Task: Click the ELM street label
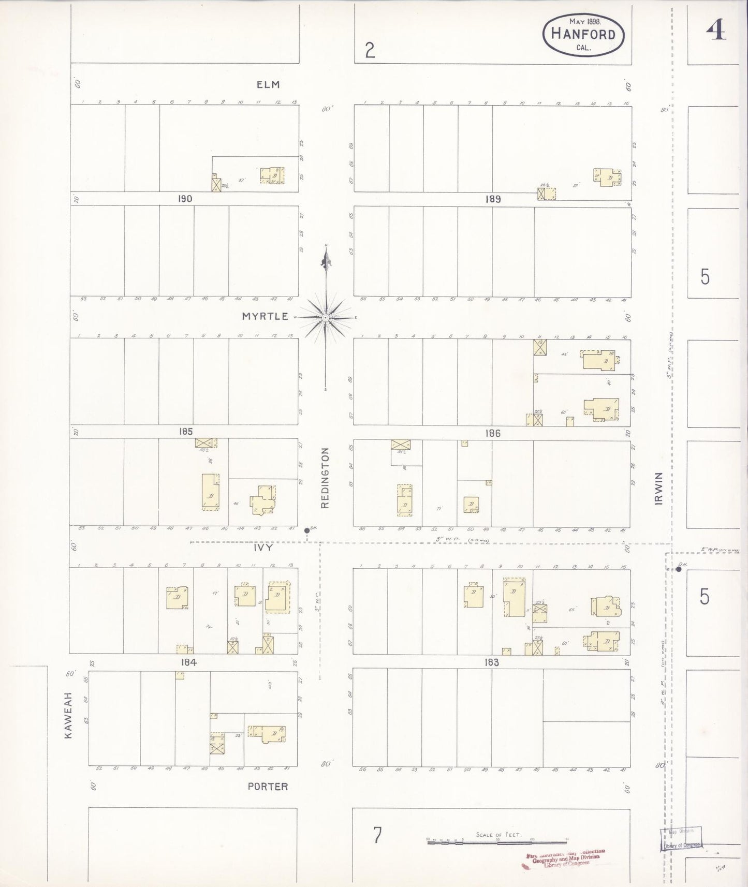268,84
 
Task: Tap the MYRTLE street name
265,316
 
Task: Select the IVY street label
263,546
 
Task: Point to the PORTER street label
268,786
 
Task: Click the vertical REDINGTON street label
325,478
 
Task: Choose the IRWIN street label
658,488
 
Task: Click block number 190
185,199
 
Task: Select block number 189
493,199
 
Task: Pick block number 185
185,431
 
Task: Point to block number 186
493,433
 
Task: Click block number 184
188,662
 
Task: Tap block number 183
491,662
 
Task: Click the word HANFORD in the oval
583,35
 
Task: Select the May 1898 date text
584,22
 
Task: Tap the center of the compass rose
325,317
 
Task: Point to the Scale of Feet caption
498,835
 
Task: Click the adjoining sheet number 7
377,836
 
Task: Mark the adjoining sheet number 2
370,50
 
